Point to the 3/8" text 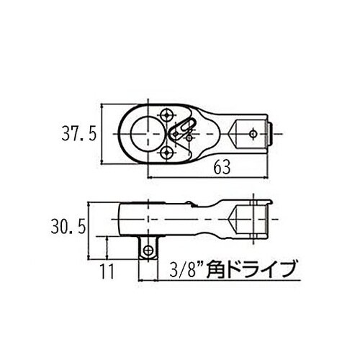tap(181, 271)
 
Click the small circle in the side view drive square tap(150, 249)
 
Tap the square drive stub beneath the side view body tap(150, 246)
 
